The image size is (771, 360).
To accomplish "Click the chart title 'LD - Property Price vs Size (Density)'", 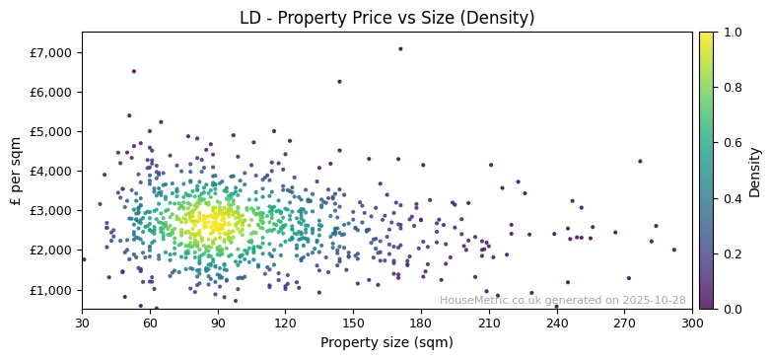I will [386, 18].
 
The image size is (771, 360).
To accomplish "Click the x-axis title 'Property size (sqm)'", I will [386, 343].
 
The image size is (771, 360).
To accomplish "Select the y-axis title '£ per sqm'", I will [16, 171].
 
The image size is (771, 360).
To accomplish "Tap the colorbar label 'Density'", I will [754, 171].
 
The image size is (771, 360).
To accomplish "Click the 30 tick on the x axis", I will [82, 323].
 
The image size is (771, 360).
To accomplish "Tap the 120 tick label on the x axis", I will [285, 323].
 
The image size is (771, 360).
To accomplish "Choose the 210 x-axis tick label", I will [489, 323].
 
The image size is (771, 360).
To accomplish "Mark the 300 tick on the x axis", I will [692, 323].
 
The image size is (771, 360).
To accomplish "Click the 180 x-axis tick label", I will [421, 323].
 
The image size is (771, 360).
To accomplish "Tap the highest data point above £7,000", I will [400, 48].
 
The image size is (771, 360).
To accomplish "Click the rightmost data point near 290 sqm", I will [674, 250].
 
